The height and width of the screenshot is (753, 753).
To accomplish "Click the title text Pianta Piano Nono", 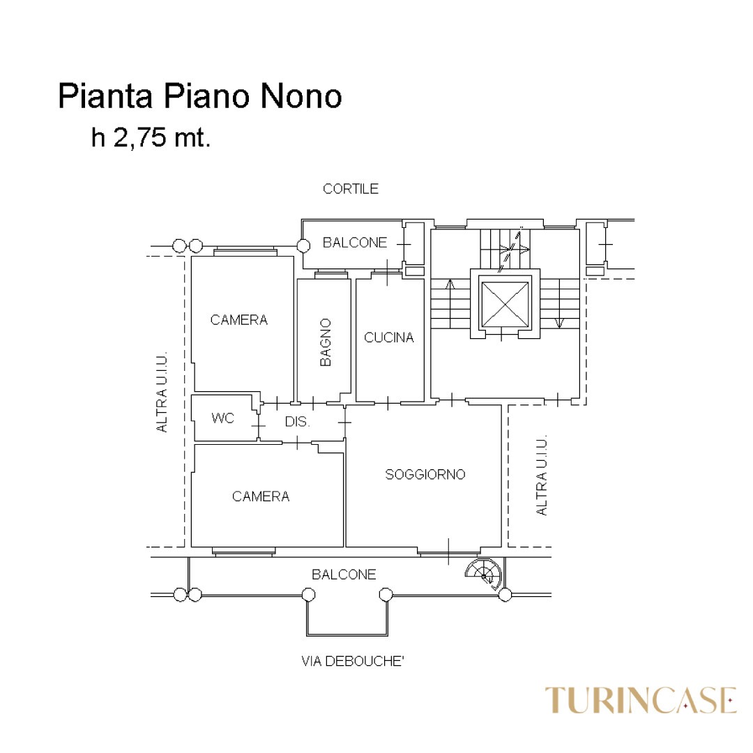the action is (200, 96).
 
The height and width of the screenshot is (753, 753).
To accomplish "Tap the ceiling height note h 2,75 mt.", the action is (151, 137).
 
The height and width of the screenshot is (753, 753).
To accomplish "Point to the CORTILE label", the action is (351, 189).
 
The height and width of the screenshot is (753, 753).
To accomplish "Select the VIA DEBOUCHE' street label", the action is (353, 661).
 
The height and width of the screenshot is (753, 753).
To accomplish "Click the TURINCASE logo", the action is (641, 700).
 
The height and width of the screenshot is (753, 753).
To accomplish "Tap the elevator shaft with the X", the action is (505, 305).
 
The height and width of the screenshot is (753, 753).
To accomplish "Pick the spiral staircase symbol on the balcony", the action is (484, 573).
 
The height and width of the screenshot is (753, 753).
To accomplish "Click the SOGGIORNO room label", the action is (425, 475).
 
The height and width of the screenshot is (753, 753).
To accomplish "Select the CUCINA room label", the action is (389, 337).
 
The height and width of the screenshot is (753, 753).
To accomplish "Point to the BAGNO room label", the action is (326, 342).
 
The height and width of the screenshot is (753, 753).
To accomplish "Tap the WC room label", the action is (223, 418).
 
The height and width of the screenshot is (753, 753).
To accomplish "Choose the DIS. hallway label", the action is (297, 422).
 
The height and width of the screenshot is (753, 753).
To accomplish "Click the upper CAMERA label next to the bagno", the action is (238, 320).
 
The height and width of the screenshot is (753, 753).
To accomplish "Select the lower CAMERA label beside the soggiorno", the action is (261, 496).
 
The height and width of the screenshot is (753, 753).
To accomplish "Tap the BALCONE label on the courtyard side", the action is (355, 243).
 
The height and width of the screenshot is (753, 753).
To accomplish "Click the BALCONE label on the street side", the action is (344, 575).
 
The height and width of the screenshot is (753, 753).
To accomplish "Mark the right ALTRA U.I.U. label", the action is (541, 476).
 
